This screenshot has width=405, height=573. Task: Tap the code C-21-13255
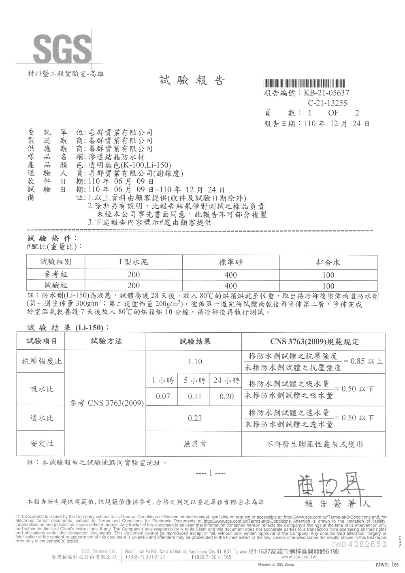click(x=327, y=103)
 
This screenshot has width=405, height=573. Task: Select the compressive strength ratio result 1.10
click(x=195, y=361)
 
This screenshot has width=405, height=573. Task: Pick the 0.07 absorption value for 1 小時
click(x=163, y=396)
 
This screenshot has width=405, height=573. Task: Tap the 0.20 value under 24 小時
click(x=226, y=396)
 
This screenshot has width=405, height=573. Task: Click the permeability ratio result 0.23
click(x=195, y=418)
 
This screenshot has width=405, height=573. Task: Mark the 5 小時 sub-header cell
click(x=195, y=381)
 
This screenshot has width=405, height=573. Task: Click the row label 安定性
click(x=42, y=444)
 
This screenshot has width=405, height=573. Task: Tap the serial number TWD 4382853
click(x=358, y=544)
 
